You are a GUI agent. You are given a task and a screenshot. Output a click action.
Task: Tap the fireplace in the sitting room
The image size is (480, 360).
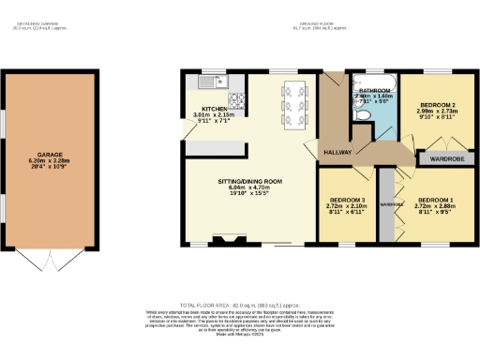[x=224, y=241]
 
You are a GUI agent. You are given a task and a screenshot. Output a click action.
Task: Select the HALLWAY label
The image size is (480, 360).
[x=337, y=152]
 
